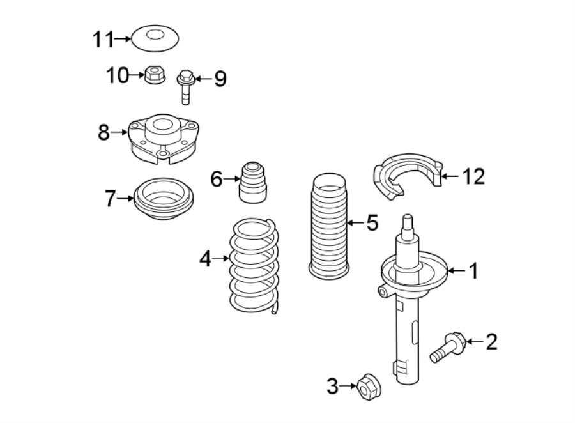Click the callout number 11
point(102,40)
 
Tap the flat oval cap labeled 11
point(155,38)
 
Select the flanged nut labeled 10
point(153,75)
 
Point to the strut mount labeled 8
point(161,136)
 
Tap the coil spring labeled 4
point(254,265)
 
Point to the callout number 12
point(473,176)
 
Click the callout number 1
point(473,272)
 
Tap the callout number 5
point(372,222)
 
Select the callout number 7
point(109,199)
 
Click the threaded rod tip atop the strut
point(408,224)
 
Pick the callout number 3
point(332,386)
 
